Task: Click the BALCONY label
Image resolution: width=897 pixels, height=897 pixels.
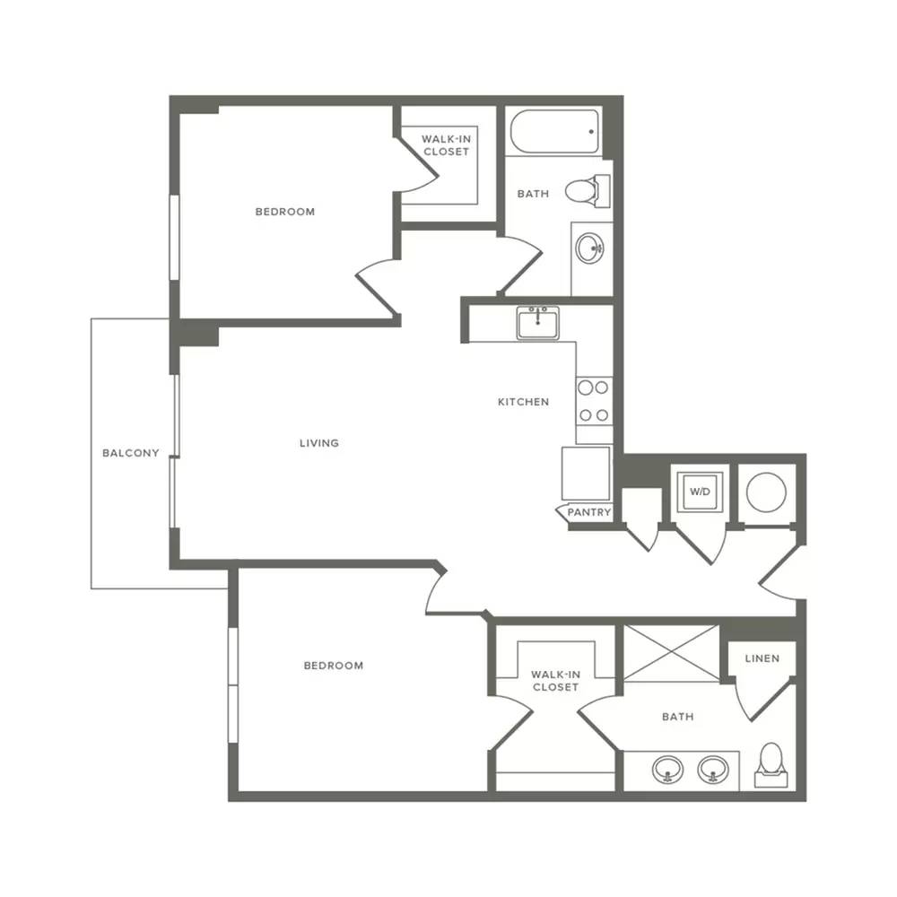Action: tap(130, 453)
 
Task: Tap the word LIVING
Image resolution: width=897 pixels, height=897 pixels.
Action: tap(319, 443)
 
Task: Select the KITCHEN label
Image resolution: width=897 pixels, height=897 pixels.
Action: tap(524, 402)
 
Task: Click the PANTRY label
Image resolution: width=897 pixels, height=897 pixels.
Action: tap(588, 512)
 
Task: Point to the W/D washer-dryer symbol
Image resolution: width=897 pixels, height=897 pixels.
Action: tap(700, 492)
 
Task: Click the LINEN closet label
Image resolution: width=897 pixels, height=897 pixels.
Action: tap(762, 659)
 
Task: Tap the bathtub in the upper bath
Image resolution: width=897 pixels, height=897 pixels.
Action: tap(554, 132)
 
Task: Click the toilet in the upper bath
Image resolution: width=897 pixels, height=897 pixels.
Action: tap(588, 191)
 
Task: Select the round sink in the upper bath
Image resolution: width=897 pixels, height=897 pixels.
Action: tap(590, 248)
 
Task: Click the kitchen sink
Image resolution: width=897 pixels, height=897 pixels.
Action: tap(537, 323)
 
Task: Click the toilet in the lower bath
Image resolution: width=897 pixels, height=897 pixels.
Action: tap(771, 765)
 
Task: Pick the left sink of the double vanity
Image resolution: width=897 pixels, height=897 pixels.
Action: tap(667, 770)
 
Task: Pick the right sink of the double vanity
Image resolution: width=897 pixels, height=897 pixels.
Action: tap(713, 770)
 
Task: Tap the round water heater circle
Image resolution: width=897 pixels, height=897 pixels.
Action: tap(766, 492)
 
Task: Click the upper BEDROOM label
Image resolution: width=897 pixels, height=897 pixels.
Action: tap(285, 212)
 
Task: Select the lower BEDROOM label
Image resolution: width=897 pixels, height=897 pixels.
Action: tap(334, 666)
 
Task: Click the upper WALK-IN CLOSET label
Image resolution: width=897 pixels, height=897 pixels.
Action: tap(446, 145)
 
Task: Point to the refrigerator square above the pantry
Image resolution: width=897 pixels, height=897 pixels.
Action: tap(586, 475)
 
